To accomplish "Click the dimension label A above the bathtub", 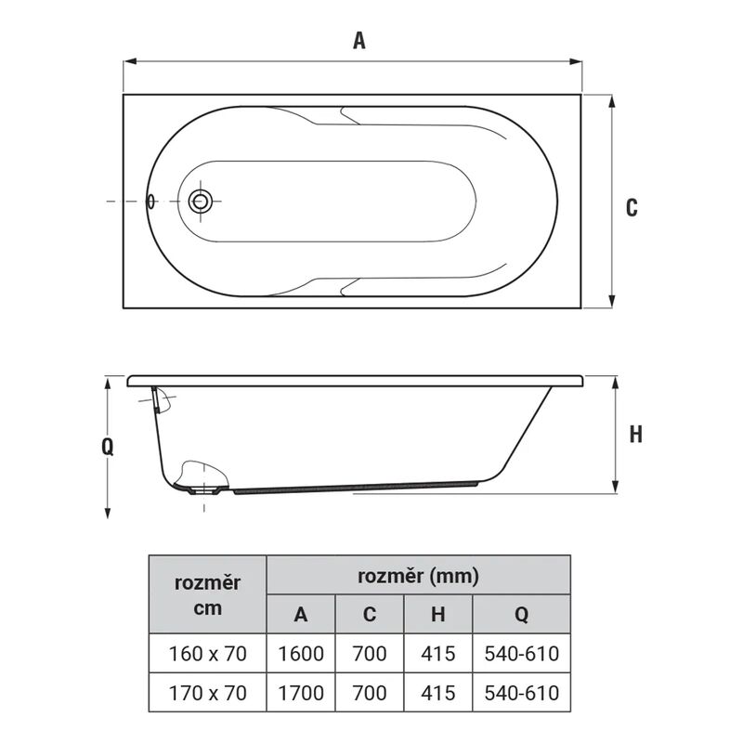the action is (359, 40).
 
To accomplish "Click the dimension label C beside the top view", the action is (632, 207).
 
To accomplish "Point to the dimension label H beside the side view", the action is (636, 434).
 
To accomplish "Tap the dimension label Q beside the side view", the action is (108, 447).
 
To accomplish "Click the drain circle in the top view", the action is (200, 202).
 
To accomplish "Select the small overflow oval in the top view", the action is (150, 202).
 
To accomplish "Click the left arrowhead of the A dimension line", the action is (130, 61).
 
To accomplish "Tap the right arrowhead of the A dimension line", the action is (575, 61).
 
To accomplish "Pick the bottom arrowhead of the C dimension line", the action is (612, 301).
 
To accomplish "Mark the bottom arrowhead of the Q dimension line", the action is (108, 512).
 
